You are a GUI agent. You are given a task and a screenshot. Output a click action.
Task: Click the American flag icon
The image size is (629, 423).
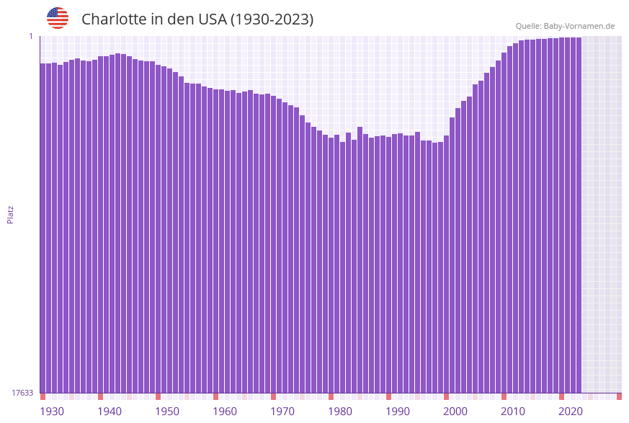pyautogui.click(x=58, y=18)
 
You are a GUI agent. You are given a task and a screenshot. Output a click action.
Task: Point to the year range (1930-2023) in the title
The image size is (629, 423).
pyautogui.click(x=272, y=19)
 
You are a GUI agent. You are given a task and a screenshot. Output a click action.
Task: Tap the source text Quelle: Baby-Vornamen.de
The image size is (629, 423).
pyautogui.click(x=565, y=26)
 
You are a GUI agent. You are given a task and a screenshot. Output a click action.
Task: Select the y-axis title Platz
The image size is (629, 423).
pyautogui.click(x=11, y=215)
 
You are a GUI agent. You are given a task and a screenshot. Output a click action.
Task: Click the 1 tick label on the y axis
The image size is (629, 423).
pyautogui.click(x=30, y=36)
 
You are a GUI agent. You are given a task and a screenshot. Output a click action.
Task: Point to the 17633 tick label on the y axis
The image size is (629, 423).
pyautogui.click(x=22, y=393)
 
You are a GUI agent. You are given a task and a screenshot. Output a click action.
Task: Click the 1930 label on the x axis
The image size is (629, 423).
pyautogui.click(x=52, y=411)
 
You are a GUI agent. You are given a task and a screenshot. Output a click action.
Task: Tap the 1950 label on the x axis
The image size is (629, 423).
pyautogui.click(x=167, y=411)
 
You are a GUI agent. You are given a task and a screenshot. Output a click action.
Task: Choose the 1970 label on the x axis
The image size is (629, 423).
pyautogui.click(x=282, y=411)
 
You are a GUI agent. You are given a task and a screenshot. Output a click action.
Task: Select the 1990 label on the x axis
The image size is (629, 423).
pyautogui.click(x=398, y=411)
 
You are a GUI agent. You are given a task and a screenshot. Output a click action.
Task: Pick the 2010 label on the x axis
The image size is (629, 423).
pyautogui.click(x=513, y=411)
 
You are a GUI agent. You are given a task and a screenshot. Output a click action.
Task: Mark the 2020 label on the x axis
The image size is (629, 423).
pyautogui.click(x=571, y=411)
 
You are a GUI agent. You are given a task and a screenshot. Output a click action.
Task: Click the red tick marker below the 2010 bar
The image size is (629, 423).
pyautogui.click(x=504, y=396)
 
